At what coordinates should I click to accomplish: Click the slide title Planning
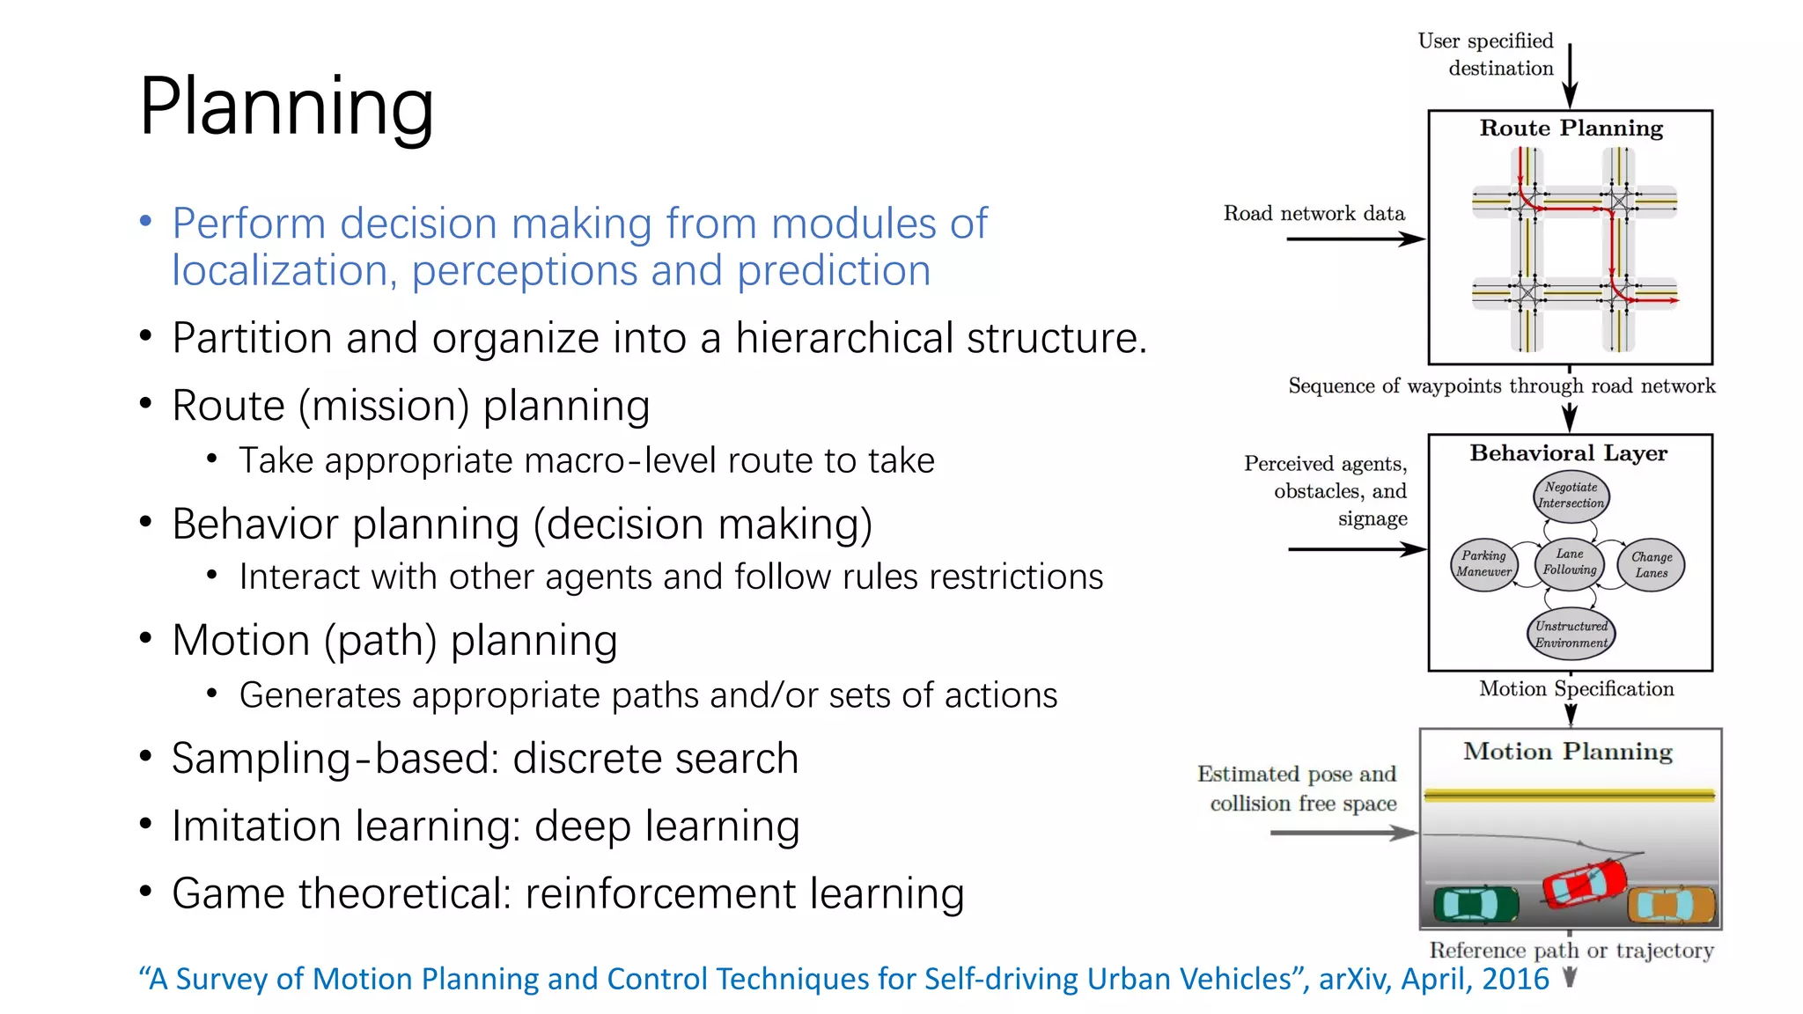pos(286,107)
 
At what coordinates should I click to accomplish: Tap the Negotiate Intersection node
pos(1571,496)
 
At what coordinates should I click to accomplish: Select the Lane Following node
pos(1569,562)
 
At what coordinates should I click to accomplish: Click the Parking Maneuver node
pos(1483,564)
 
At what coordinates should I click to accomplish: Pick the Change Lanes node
pos(1652,565)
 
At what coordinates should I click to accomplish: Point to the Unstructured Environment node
pos(1571,634)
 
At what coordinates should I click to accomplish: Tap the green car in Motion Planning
pos(1476,903)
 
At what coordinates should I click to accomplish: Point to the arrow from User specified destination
pos(1570,76)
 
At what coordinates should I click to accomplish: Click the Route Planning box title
pos(1571,129)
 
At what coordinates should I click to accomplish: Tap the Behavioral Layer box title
pos(1569,453)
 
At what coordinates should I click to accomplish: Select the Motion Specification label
pos(1577,689)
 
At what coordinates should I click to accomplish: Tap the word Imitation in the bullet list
pos(256,826)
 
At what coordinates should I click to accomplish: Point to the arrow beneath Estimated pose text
pos(1343,833)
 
